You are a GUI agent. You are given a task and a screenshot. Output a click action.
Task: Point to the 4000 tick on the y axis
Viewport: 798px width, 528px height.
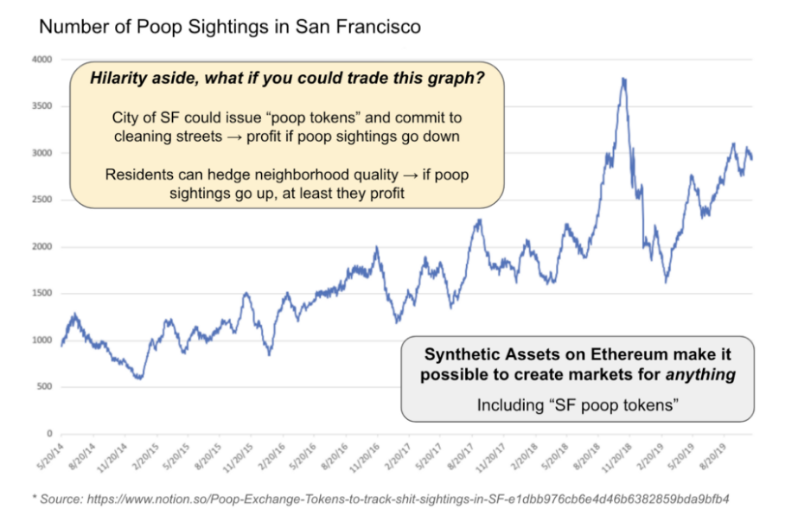42,60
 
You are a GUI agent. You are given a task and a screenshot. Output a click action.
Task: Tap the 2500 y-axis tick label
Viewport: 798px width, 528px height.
42,200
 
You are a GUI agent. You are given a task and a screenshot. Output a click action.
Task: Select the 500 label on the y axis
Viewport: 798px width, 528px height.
45,386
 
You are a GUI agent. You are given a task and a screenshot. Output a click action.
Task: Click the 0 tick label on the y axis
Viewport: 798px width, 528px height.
49,433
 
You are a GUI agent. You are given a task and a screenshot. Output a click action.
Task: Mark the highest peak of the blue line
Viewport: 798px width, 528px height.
623,80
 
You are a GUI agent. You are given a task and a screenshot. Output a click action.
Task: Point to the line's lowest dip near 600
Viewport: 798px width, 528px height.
138,378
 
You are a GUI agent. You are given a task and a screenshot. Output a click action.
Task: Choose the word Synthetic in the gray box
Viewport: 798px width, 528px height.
462,355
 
